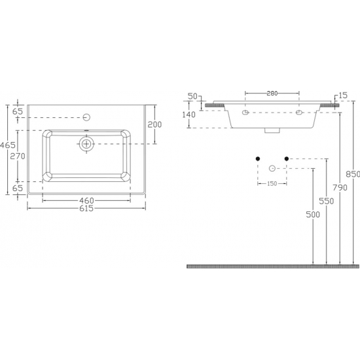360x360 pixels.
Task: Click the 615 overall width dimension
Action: click(x=86, y=208)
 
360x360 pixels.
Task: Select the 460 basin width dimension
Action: click(x=86, y=201)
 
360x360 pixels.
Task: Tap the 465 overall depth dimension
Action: click(x=8, y=145)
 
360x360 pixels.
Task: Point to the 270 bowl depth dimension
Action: click(x=18, y=156)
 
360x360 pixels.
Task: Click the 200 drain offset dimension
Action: click(x=154, y=124)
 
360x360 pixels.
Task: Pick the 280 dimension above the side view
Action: click(x=272, y=94)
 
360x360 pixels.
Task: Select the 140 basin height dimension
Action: click(x=189, y=115)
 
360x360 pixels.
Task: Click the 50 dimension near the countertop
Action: click(x=192, y=96)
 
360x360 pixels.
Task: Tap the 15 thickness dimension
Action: click(x=343, y=96)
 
